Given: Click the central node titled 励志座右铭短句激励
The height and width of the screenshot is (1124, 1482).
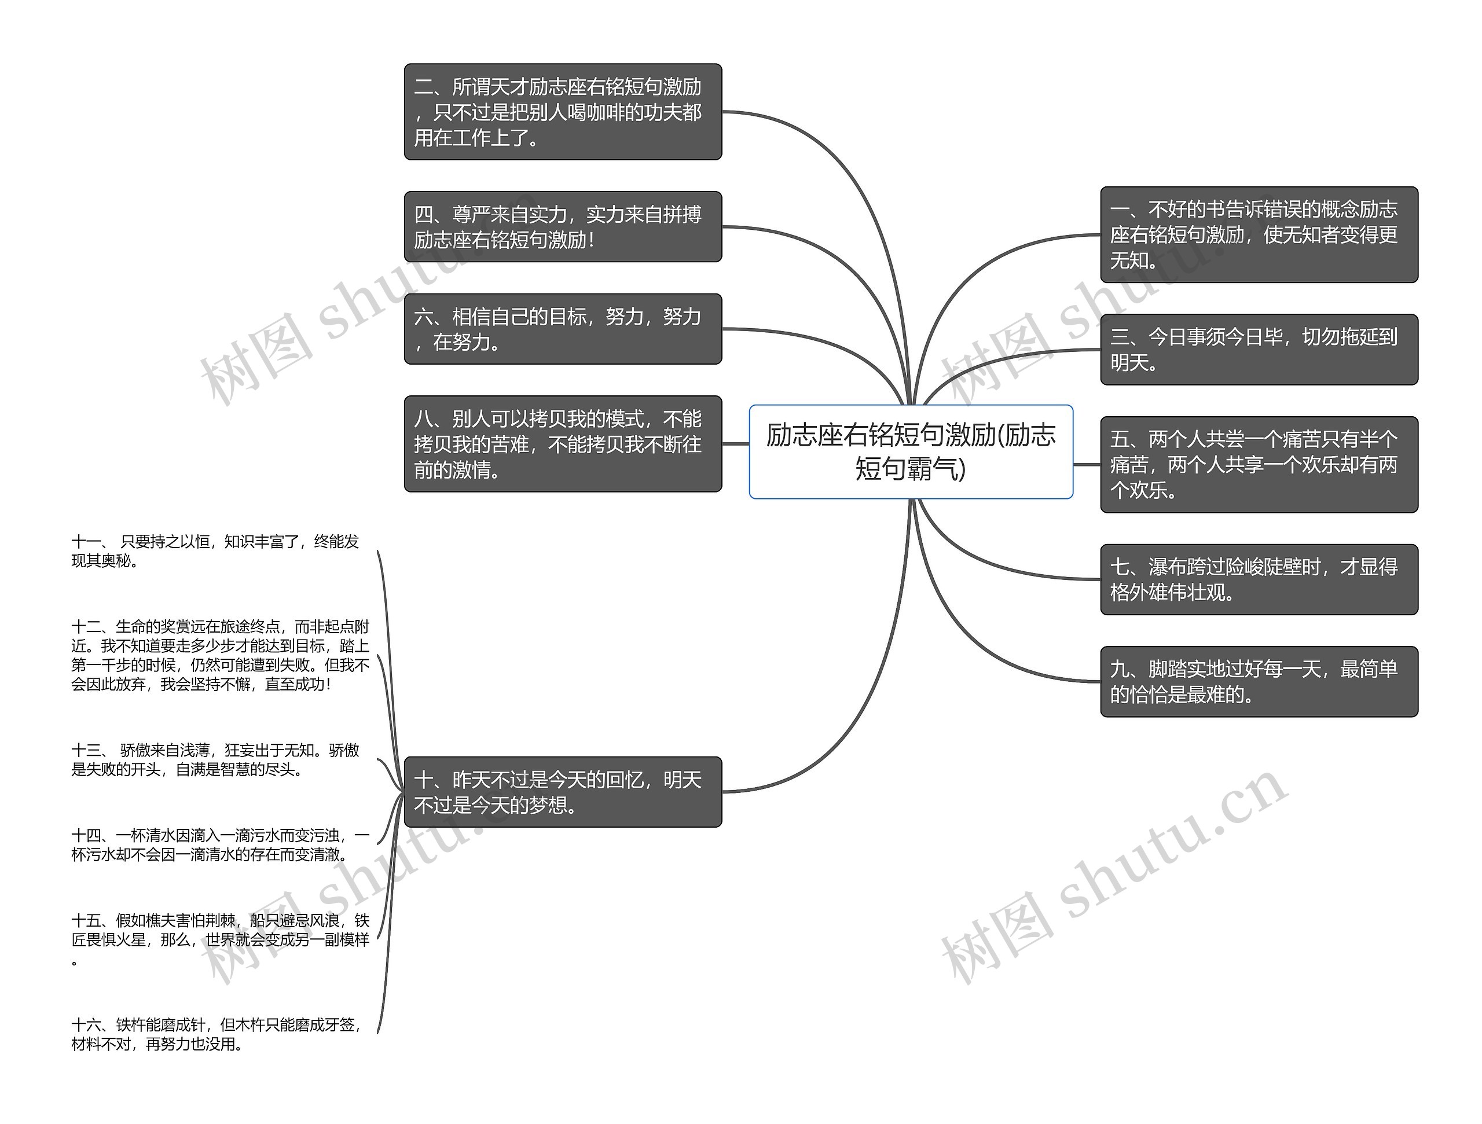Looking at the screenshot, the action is click(x=911, y=451).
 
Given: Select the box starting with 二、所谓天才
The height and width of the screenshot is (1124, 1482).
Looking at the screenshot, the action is click(x=562, y=112).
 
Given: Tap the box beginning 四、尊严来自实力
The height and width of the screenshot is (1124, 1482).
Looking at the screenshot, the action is click(x=562, y=226).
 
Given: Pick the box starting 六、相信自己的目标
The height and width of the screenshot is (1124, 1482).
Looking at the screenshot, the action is click(x=562, y=329).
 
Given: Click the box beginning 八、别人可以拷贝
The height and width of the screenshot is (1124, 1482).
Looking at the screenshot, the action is click(x=562, y=443).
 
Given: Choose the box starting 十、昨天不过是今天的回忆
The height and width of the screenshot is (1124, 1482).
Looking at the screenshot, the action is click(x=562, y=792).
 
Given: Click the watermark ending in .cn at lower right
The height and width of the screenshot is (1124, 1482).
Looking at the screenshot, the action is click(x=1112, y=877).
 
